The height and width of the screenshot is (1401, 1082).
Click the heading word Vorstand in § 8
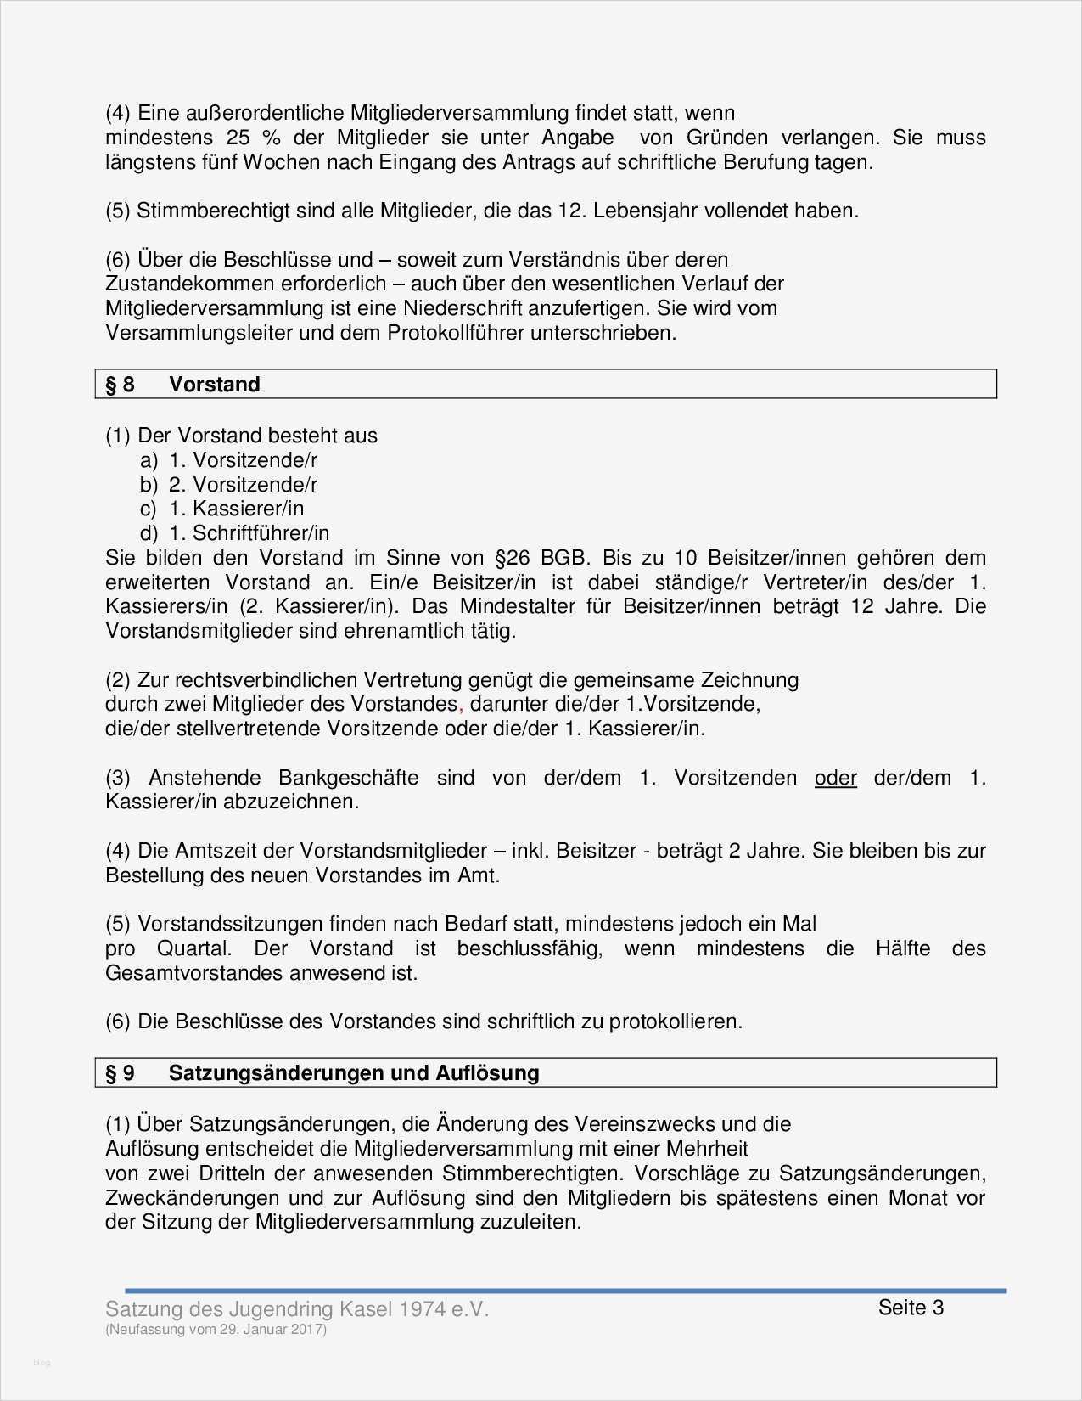tap(214, 385)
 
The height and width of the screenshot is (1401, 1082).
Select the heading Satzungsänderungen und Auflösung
tap(354, 1073)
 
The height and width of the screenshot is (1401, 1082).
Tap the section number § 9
tap(120, 1073)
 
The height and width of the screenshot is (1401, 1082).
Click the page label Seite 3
tap(911, 1308)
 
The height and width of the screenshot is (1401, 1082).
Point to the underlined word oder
tap(835, 778)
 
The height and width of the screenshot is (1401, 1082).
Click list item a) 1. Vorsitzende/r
tap(228, 460)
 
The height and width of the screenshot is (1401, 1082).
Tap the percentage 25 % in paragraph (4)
tap(248, 138)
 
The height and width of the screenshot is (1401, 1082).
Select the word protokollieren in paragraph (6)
tap(676, 1021)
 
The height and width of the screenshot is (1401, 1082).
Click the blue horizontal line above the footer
tap(565, 1291)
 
